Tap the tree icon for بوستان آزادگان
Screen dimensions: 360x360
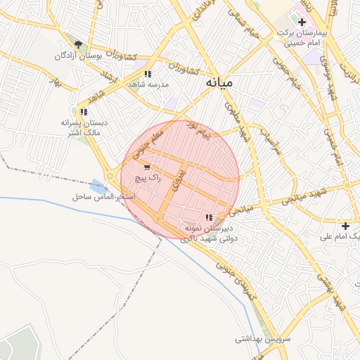78,44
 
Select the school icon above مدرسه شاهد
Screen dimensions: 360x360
147,74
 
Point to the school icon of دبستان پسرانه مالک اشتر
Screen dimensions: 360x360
84,112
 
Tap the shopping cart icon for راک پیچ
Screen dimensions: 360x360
146,167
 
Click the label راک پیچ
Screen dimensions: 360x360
150,179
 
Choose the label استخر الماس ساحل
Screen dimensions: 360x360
103,197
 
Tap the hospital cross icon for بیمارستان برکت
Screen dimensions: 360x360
302,22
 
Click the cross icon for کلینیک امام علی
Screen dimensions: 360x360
345,226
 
